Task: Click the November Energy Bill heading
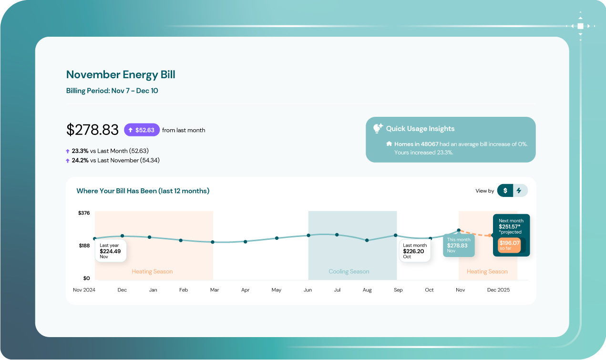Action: tap(121, 74)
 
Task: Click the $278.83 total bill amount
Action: tap(92, 130)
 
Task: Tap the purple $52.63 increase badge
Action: tap(142, 130)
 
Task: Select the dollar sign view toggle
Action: tap(505, 191)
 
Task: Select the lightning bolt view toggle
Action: tap(519, 191)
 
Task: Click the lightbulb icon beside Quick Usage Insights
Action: tap(378, 128)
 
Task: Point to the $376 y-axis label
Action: tap(83, 213)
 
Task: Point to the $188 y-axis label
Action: tap(83, 246)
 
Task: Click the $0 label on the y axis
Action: tap(86, 278)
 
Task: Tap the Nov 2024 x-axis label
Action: tap(84, 290)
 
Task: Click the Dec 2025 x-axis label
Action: tap(498, 290)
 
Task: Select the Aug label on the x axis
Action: tap(367, 290)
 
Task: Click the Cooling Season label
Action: tap(349, 271)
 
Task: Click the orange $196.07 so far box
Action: tap(509, 245)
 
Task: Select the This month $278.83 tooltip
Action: tap(458, 245)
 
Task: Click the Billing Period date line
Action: tap(112, 91)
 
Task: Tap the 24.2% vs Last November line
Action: tap(115, 160)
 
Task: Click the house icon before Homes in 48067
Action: tap(389, 144)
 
